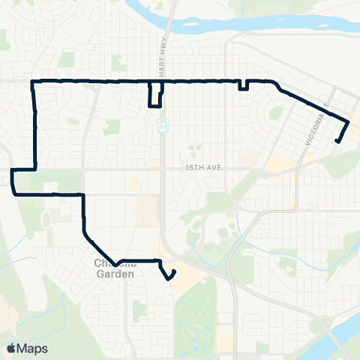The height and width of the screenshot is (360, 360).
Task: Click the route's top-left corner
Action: [x=32, y=81]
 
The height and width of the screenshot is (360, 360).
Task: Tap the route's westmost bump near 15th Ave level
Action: [x=13, y=181]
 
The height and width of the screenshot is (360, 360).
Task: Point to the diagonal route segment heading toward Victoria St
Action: [x=311, y=104]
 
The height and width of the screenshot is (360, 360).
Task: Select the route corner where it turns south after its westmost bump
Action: [x=82, y=195]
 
